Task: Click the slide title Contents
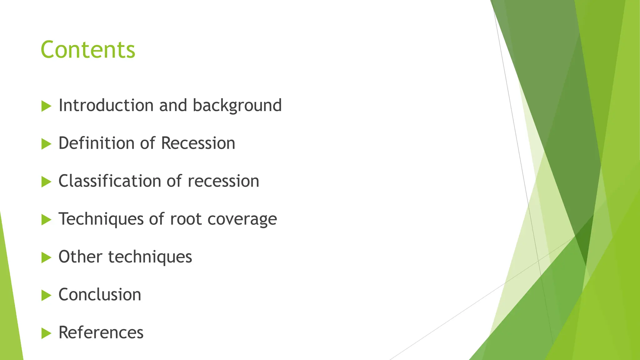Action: [88, 50]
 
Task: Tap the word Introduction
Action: [106, 105]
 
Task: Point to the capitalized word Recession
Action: [198, 143]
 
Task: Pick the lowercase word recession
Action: [223, 181]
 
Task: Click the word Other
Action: [80, 257]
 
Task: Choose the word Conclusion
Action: [100, 294]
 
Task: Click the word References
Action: [101, 332]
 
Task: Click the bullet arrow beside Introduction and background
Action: [46, 106]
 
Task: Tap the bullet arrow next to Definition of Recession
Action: [46, 144]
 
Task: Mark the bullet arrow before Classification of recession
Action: [46, 182]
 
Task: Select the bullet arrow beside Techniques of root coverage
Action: [46, 220]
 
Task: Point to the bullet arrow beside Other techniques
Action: [46, 257]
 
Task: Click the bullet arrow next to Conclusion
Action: [46, 295]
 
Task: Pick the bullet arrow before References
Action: [46, 333]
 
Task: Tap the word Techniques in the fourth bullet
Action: [101, 219]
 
